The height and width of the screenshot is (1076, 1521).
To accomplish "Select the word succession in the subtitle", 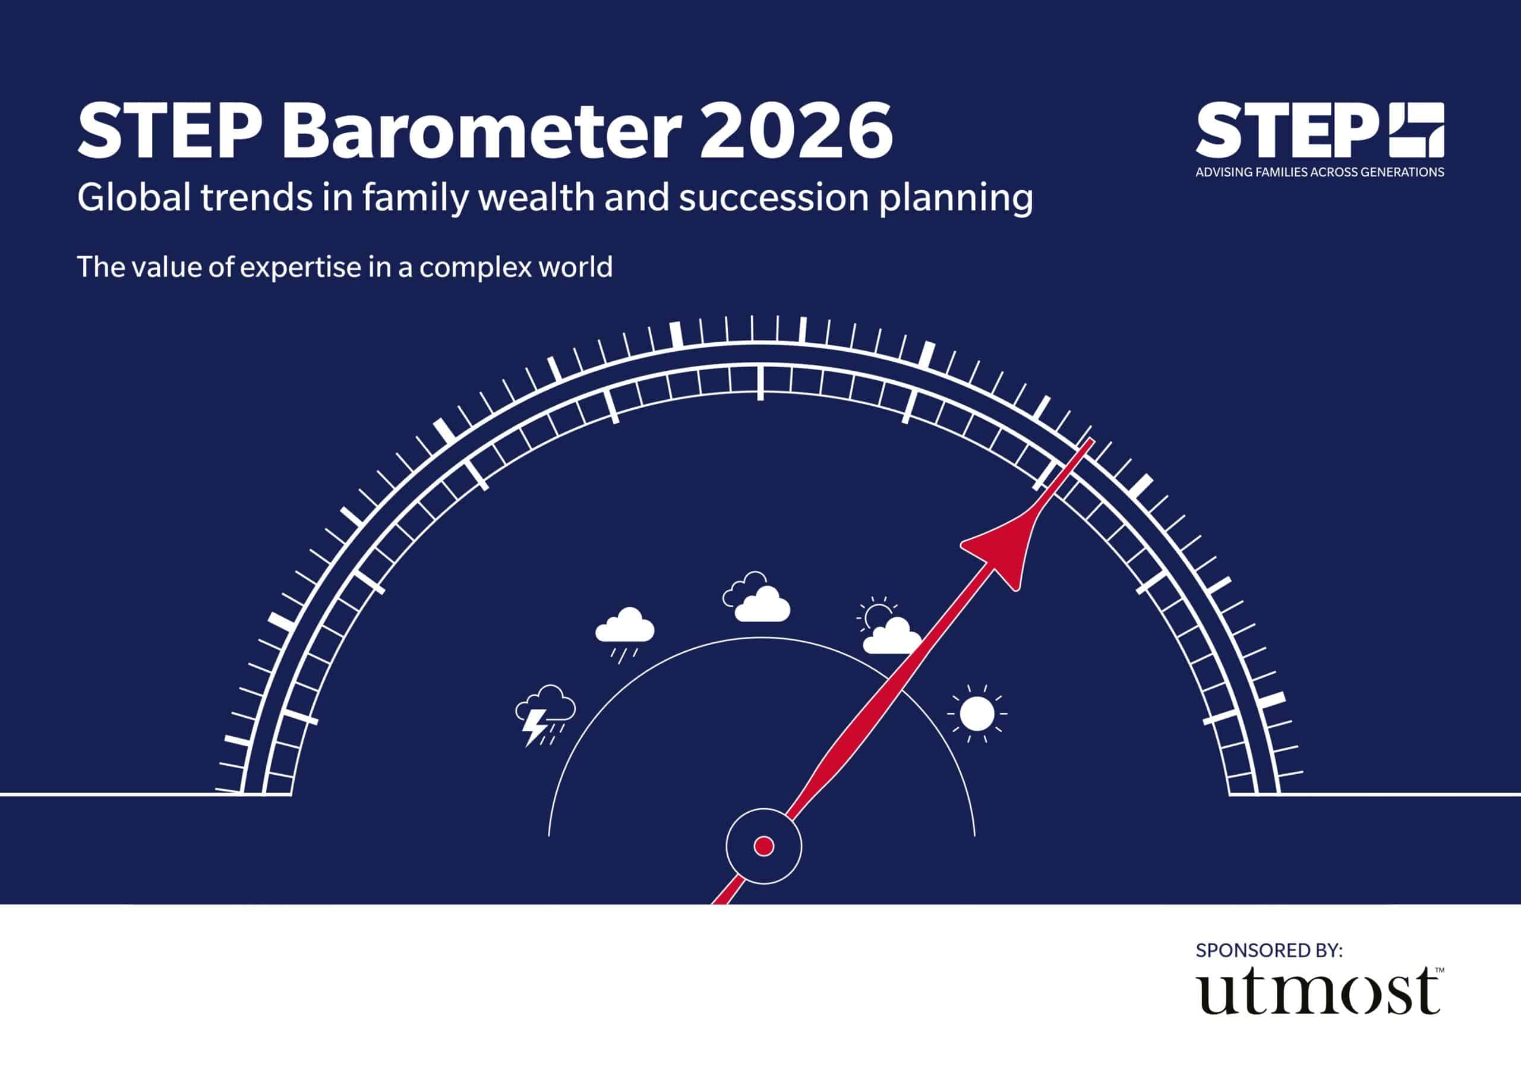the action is coord(773,197).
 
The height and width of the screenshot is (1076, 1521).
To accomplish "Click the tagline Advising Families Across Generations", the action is coord(1320,172).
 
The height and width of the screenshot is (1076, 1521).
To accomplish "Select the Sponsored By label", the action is coord(1269,950).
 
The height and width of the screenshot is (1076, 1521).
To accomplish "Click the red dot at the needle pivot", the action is coord(764,846).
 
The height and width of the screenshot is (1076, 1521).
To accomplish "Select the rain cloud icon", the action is coord(624,633).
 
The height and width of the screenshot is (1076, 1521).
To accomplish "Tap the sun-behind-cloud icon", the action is coord(889,626).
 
